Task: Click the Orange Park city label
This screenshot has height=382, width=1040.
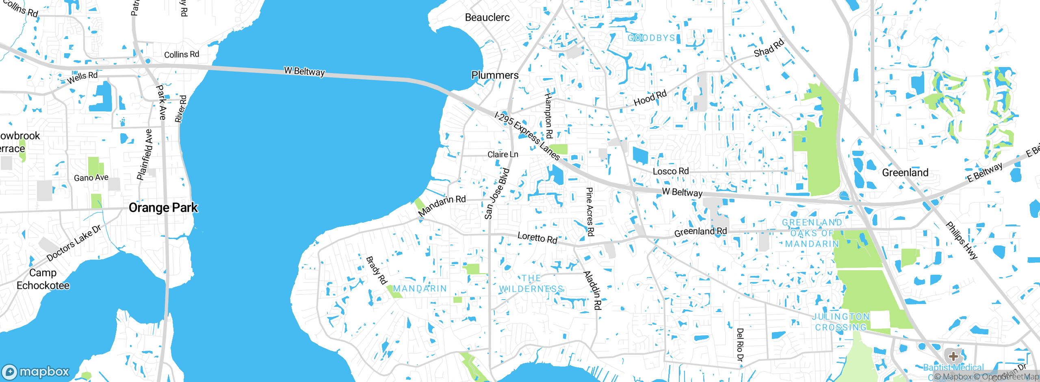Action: [163, 208]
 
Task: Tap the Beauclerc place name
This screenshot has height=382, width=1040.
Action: [487, 17]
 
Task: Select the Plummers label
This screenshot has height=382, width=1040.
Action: [495, 75]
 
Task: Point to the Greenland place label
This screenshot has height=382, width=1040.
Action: [905, 173]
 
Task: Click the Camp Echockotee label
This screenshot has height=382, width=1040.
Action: [43, 279]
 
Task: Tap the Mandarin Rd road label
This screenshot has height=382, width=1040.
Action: [442, 206]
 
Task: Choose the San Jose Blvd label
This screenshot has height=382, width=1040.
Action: [496, 194]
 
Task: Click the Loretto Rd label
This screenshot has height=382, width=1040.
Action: [537, 238]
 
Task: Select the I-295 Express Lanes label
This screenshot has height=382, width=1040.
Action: [527, 136]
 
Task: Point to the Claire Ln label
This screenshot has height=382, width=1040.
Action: [503, 154]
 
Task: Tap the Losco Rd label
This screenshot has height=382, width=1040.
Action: [670, 171]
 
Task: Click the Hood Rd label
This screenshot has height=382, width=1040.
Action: [650, 98]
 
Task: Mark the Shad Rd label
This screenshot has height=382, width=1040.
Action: [769, 48]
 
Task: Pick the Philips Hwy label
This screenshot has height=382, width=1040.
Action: [961, 240]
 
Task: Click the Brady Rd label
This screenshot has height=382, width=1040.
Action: [376, 270]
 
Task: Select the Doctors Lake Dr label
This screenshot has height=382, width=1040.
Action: [74, 243]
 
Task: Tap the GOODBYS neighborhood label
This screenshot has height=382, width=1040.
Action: [651, 38]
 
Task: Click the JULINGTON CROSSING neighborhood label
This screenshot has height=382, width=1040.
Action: [841, 322]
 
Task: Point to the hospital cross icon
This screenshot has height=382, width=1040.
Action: [953, 356]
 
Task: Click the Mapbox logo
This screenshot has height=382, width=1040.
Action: [36, 371]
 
